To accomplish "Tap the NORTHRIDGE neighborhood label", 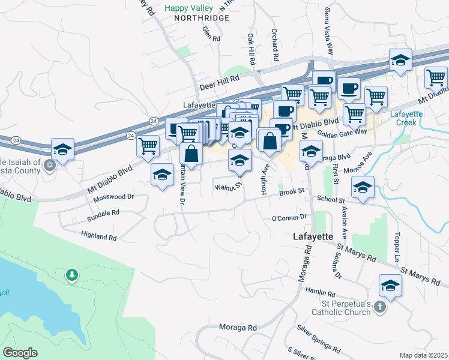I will click(202, 19).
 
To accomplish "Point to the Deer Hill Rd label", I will click(220, 78).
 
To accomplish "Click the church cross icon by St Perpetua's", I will click(379, 307).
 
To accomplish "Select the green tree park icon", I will click(72, 275).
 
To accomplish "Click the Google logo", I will click(20, 353).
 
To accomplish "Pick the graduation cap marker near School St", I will click(363, 188).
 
